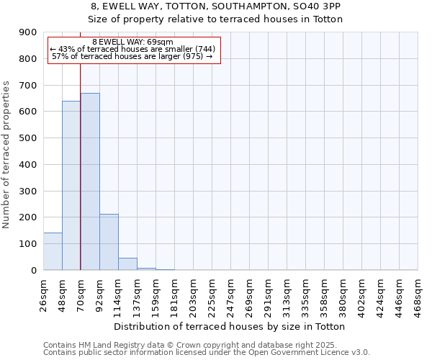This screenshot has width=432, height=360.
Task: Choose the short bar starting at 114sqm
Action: [x=127, y=264]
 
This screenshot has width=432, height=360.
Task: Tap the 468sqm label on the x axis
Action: [x=418, y=294]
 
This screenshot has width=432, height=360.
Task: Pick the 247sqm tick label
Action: [x=230, y=294]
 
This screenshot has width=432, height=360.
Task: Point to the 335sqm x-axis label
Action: [x=305, y=294]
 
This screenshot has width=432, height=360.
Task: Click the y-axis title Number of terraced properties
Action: [x=6, y=155]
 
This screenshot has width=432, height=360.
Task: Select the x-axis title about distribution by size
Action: [x=230, y=327]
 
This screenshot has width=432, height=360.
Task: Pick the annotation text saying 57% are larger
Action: [x=132, y=56]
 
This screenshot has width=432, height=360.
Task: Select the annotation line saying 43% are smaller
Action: [x=132, y=49]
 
